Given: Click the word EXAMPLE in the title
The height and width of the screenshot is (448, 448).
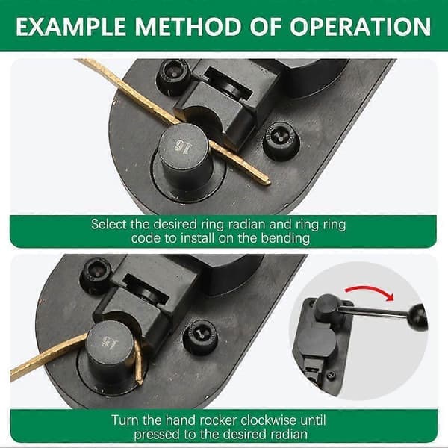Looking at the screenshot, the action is click(71, 27).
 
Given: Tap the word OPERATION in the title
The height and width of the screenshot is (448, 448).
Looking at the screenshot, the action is click(360, 27).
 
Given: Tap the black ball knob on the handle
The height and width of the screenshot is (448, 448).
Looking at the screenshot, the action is click(417, 317).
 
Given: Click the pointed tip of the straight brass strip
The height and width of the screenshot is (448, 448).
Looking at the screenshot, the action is click(269, 181).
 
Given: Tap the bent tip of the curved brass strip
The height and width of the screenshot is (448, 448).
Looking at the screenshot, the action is click(140, 382).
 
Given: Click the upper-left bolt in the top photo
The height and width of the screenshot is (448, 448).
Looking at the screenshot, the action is click(174, 76).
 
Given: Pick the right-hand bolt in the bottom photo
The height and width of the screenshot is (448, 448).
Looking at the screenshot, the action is click(200, 337).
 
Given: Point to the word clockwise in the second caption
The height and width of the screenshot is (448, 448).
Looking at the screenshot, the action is click(269, 420).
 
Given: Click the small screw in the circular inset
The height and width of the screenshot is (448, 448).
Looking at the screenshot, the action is click(331, 375).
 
